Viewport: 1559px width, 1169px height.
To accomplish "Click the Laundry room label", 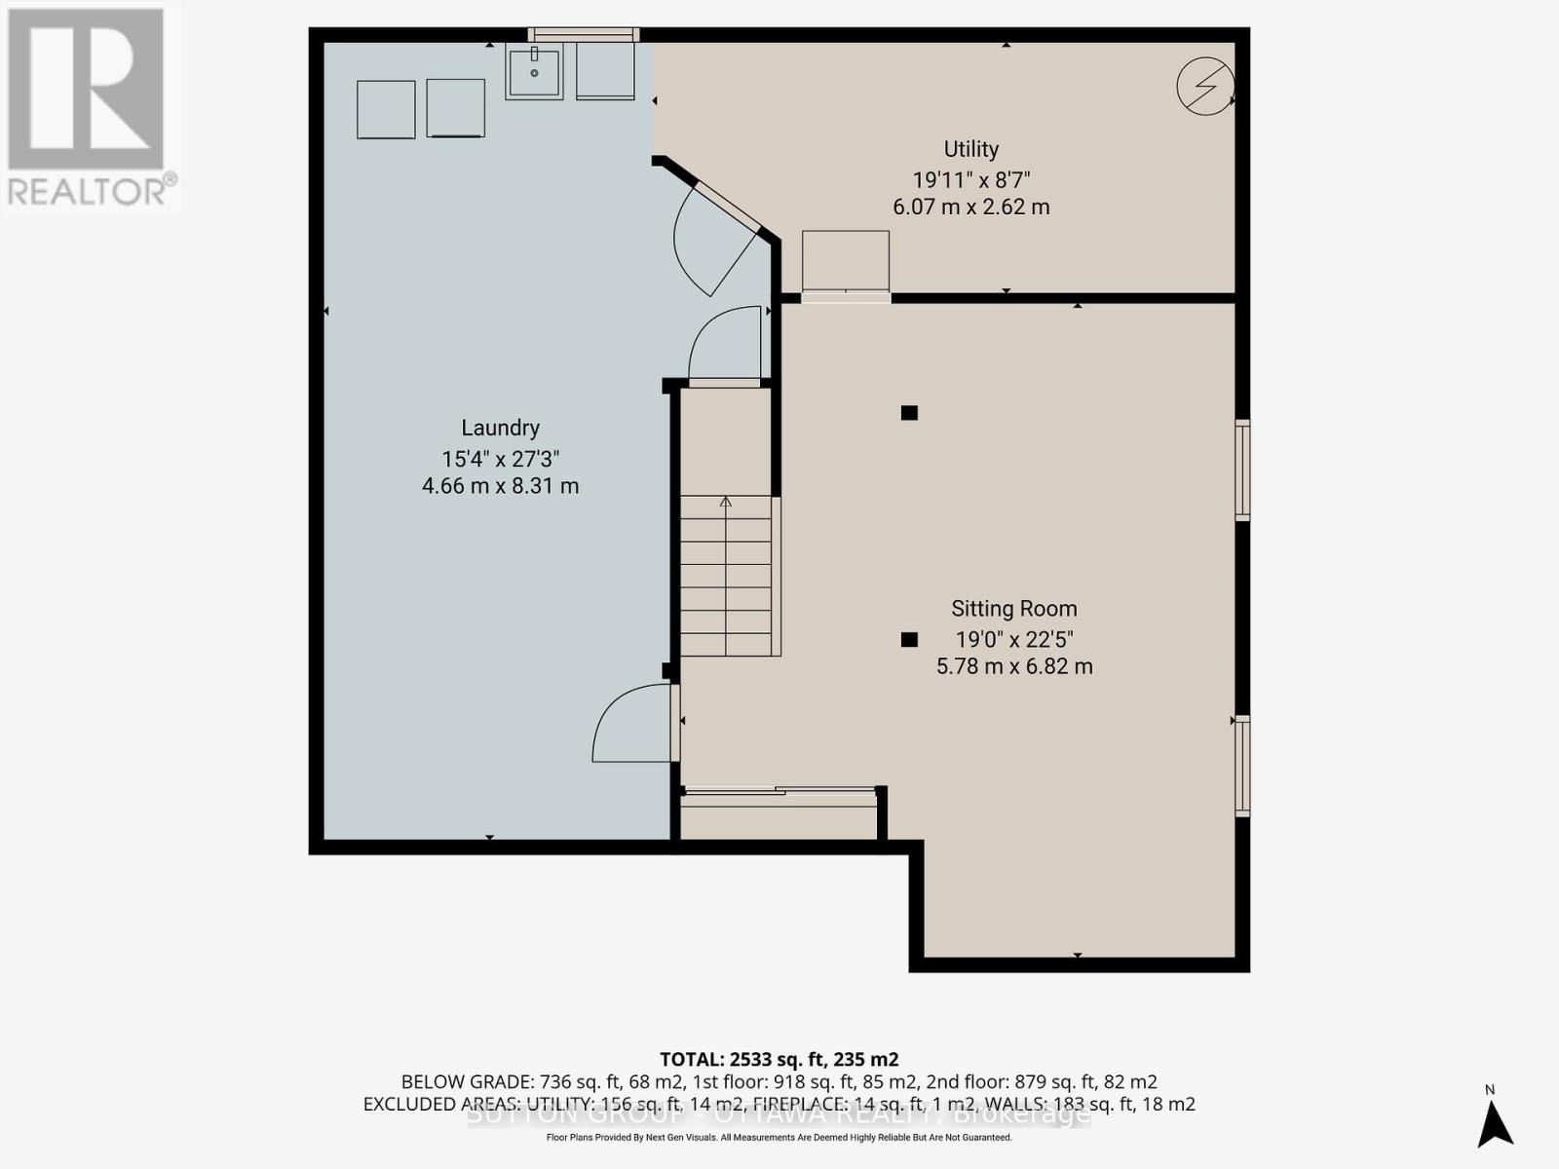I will (500, 428).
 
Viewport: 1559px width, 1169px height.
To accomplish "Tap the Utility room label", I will (970, 149).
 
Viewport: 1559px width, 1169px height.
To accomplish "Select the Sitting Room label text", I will (1013, 609).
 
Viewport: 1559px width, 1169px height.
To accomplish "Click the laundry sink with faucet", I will (534, 73).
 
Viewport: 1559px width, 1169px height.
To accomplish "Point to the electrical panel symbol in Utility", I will (1205, 86).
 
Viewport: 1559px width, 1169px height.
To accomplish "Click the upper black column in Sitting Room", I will (909, 413).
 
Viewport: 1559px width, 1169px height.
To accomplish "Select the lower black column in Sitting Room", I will (909, 640).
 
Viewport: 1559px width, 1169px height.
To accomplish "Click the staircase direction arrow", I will (726, 503).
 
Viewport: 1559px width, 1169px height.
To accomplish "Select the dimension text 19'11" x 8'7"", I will (970, 180).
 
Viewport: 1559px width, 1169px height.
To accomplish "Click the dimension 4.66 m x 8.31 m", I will (500, 485).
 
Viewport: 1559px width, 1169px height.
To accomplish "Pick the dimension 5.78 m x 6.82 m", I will (1013, 667).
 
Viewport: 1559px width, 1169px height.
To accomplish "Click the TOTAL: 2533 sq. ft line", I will (779, 1059).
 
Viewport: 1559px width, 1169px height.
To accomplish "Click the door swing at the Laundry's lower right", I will (631, 726).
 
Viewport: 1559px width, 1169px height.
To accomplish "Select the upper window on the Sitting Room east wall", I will (1242, 470).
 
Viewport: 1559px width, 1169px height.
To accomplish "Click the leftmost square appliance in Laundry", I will (386, 109).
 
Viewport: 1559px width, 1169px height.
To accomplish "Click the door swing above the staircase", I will (726, 346).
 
